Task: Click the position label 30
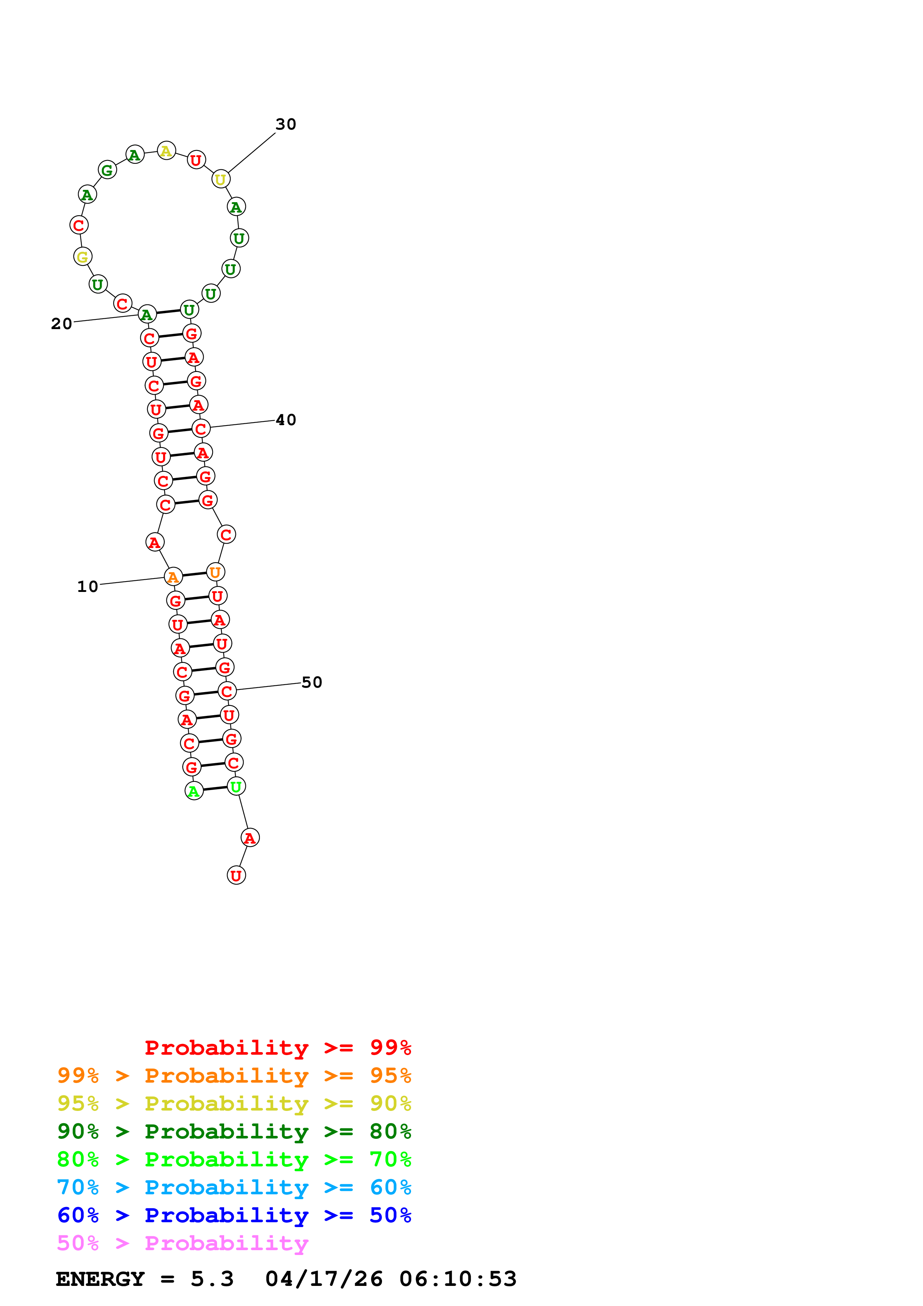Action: click(286, 124)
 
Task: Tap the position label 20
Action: click(61, 324)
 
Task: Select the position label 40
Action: click(286, 420)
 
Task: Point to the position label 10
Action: click(87, 586)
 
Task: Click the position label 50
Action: click(312, 682)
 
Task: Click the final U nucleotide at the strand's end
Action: click(236, 875)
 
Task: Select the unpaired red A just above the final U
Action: click(250, 838)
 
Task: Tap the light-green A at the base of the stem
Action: click(194, 791)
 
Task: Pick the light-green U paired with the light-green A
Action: click(236, 787)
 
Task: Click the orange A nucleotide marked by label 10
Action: click(173, 577)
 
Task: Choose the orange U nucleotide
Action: click(215, 572)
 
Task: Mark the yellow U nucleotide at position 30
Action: click(221, 179)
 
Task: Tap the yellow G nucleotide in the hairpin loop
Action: click(82, 257)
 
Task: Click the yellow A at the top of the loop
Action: click(166, 151)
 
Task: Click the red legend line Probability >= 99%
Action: click(277, 1048)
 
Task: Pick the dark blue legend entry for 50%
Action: click(234, 1215)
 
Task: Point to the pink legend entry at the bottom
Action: click(182, 1243)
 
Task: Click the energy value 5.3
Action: click(211, 1279)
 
